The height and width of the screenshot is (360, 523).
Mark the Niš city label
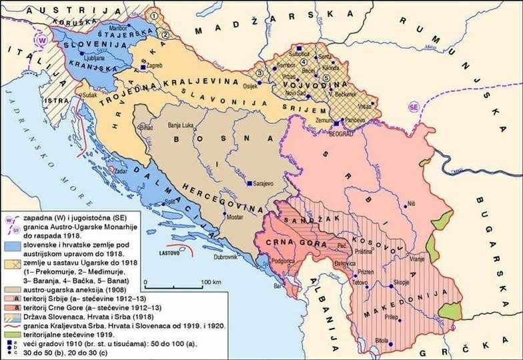tap(412, 202)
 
